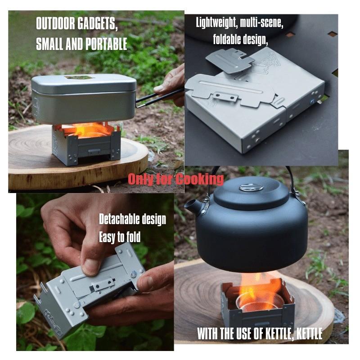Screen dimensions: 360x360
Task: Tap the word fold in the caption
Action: click(x=132, y=237)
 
